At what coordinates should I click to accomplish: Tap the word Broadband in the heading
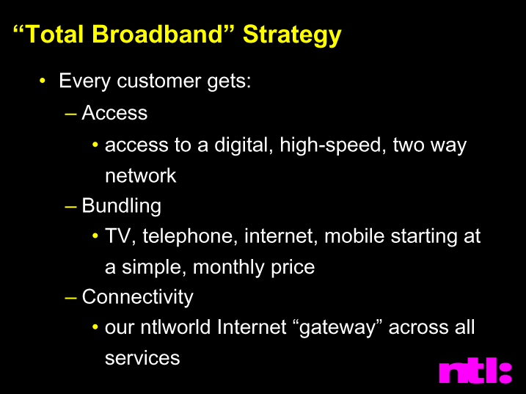(157, 34)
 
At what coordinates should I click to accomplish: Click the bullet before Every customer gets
(42, 81)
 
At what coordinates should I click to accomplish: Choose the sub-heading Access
(114, 112)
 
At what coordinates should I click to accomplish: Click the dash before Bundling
(70, 206)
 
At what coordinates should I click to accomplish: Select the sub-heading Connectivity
(137, 297)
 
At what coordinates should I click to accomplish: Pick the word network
(141, 175)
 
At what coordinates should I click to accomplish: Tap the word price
(293, 268)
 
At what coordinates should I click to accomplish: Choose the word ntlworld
(175, 327)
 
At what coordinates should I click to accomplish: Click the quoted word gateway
(337, 328)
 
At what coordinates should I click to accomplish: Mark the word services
(142, 358)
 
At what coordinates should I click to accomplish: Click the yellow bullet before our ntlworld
(95, 327)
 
